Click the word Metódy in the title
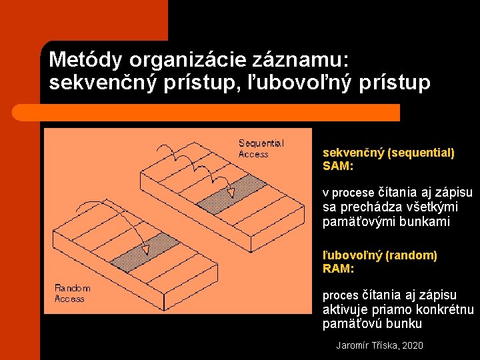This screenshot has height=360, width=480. click(86, 60)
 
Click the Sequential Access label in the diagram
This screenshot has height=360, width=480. click(261, 149)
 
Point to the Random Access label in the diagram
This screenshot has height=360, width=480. click(72, 293)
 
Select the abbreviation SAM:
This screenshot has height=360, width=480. click(338, 166)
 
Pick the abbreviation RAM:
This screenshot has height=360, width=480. click(338, 268)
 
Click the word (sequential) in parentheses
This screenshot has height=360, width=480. click(420, 153)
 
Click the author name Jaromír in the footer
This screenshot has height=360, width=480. click(353, 345)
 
